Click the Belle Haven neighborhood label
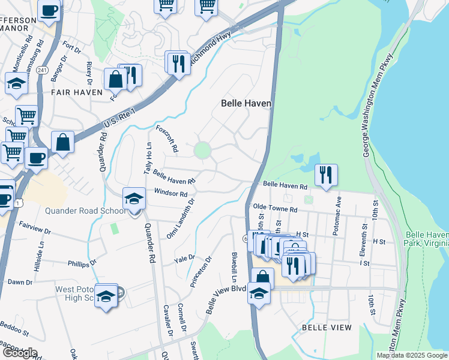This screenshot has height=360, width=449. (246, 103)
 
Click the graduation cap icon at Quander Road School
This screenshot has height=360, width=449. (134, 199)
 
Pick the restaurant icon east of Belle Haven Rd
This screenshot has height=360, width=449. (326, 175)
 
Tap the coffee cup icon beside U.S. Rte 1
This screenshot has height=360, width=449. (37, 158)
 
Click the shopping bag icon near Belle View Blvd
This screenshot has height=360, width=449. (262, 278)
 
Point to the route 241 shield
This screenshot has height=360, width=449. (41, 70)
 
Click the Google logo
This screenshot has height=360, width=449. (19, 352)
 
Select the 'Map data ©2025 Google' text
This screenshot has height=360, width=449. (412, 355)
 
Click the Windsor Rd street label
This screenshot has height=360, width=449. (170, 193)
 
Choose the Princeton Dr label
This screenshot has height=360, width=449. (201, 272)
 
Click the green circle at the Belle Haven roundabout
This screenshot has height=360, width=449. (203, 149)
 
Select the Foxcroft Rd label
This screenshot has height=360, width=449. (167, 138)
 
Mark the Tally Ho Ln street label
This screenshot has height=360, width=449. (147, 160)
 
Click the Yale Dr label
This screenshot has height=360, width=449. (184, 259)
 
